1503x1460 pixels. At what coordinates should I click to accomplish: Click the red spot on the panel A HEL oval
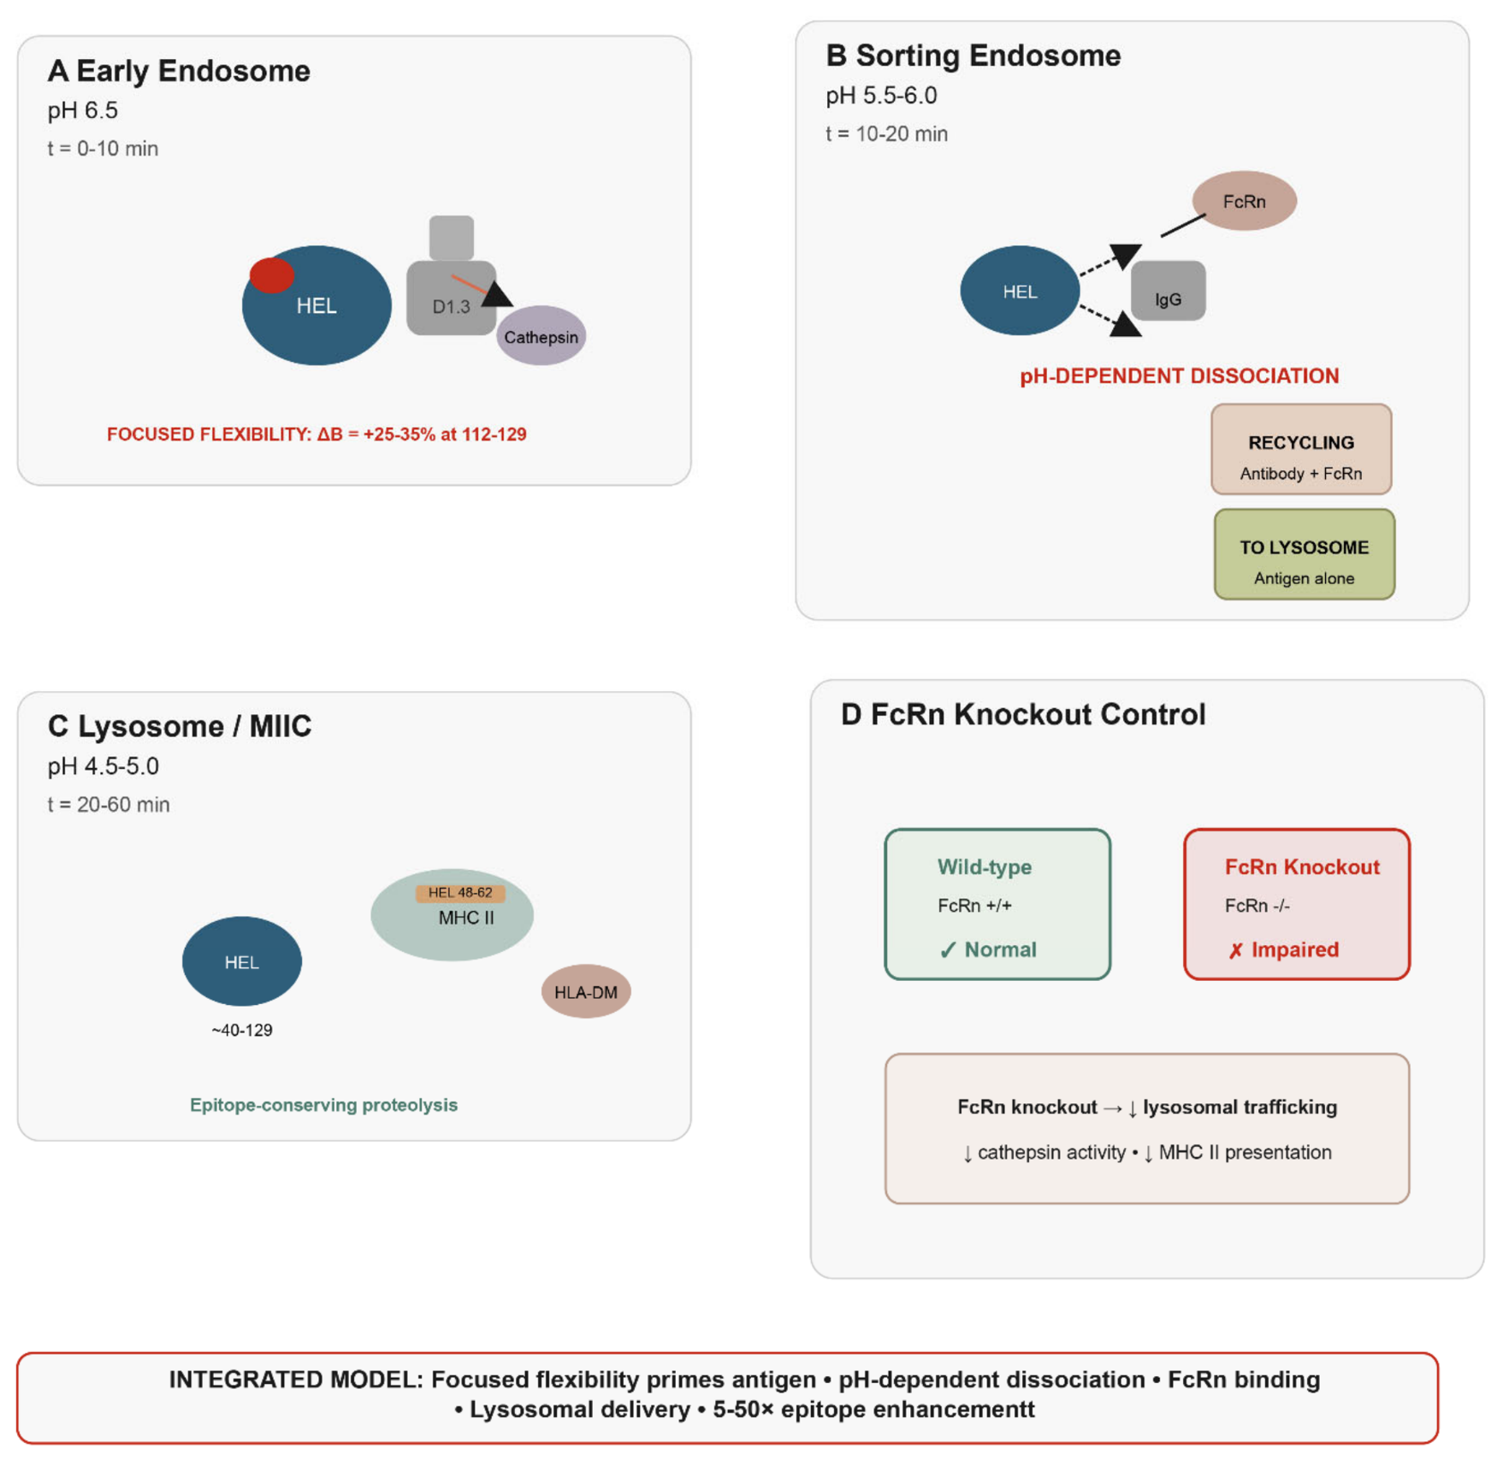[x=272, y=275]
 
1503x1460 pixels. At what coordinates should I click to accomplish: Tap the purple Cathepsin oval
[x=541, y=336]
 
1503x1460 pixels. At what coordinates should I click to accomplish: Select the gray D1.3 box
[x=452, y=298]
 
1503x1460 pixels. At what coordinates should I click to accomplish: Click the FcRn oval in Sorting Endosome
[x=1244, y=201]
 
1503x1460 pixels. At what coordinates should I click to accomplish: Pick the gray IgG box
[x=1168, y=292]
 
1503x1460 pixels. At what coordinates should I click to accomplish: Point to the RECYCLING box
[x=1301, y=449]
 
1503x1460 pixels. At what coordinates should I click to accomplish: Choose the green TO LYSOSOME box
[x=1305, y=554]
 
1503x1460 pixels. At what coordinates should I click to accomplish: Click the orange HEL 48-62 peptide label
[x=460, y=893]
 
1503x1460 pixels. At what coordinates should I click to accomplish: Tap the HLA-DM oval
[x=586, y=992]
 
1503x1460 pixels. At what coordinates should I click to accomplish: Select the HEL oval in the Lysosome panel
[x=242, y=961]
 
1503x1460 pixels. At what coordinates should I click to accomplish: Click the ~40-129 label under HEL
[x=242, y=1031]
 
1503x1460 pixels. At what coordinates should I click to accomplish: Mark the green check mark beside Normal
[x=948, y=950]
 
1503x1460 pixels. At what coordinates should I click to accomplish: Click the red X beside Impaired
[x=1235, y=951]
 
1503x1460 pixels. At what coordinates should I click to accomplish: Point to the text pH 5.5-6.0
[x=881, y=96]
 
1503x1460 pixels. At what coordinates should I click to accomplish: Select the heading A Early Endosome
[x=179, y=71]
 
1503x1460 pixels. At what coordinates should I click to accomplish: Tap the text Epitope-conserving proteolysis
[x=323, y=1105]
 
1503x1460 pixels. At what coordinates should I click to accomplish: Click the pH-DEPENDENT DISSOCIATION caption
[x=1180, y=376]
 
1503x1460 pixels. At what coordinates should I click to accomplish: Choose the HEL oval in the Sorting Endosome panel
[x=1020, y=291]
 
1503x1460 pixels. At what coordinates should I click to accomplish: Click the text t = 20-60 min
[x=109, y=805]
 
